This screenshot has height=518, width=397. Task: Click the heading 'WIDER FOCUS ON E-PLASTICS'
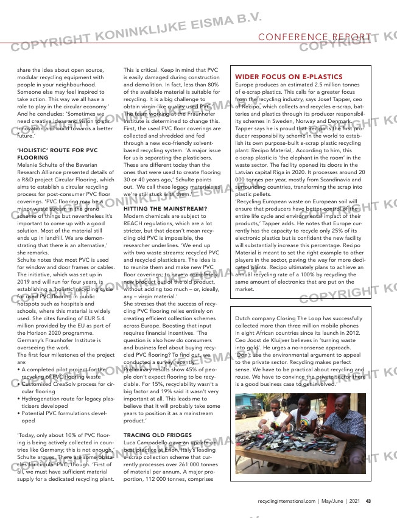coord(279,77)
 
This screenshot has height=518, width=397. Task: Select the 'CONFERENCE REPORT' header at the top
coord(314,38)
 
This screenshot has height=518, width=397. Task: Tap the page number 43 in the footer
coord(369,501)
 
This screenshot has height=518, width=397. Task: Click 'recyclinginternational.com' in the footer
coord(284,501)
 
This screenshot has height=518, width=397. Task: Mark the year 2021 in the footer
coord(354,501)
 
